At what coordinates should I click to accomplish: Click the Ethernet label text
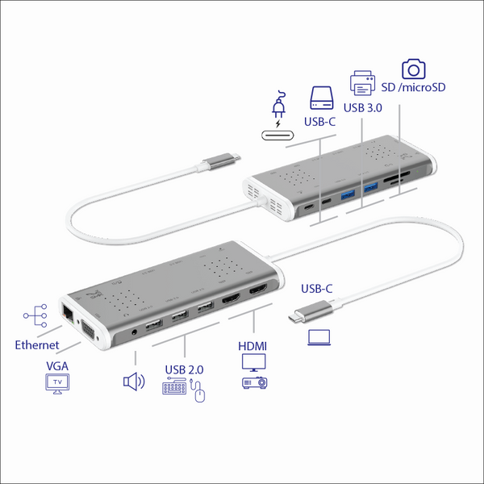[36, 345]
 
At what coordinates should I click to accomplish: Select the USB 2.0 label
[184, 369]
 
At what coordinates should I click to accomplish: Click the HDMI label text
[253, 345]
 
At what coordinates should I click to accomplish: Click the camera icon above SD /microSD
[414, 68]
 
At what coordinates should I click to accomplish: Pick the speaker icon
[133, 381]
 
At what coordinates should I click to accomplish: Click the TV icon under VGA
[56, 385]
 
